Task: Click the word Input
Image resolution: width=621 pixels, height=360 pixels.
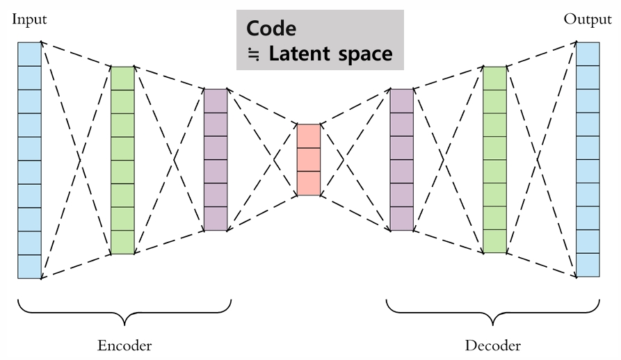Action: tap(29, 19)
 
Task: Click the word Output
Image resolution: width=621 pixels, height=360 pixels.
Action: tap(588, 19)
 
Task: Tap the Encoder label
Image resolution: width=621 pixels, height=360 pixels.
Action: tap(124, 345)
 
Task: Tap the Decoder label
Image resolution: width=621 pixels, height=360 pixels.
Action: tap(493, 345)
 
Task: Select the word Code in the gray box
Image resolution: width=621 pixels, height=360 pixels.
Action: tap(271, 29)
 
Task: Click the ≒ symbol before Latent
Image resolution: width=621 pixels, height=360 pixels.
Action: tap(255, 54)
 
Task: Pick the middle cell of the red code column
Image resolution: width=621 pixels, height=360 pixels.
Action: tap(308, 159)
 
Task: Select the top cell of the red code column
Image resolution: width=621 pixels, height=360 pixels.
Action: tap(308, 136)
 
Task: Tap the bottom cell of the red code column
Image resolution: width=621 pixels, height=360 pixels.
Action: tap(308, 183)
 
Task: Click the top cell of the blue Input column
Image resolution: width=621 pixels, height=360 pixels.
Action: tap(30, 54)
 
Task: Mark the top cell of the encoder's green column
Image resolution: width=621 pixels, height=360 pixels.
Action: tap(122, 78)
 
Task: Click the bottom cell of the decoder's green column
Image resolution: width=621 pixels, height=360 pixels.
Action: tap(494, 242)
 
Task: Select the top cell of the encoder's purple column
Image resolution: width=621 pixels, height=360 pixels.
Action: tap(216, 100)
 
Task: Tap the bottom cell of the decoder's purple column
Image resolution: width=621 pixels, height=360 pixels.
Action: tap(401, 219)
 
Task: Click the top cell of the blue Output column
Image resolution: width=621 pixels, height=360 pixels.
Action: tap(588, 54)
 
